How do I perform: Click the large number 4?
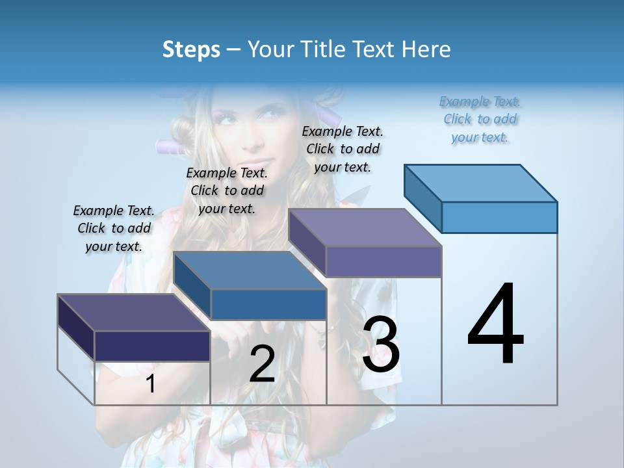tap(495, 325)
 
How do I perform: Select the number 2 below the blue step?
tap(262, 364)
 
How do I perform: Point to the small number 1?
tap(151, 384)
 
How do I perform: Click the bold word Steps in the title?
tap(191, 49)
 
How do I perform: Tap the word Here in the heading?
tap(426, 49)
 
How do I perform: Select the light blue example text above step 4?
tap(480, 120)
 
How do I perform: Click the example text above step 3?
tap(343, 149)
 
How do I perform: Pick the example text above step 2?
tap(227, 190)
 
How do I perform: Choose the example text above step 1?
tap(114, 228)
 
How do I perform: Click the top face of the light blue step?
tap(481, 183)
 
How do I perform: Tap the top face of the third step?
tap(365, 227)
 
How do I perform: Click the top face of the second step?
tap(250, 270)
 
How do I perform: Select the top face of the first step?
tap(134, 313)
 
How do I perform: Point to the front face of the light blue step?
tap(499, 217)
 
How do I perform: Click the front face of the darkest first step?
tap(152, 346)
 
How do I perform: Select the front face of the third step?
tap(383, 261)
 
